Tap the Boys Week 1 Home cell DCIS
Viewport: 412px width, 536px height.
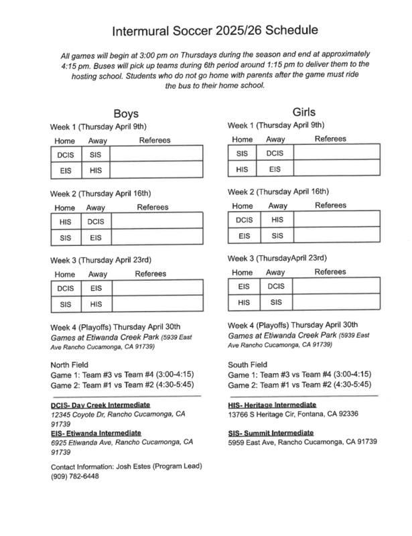[65, 155]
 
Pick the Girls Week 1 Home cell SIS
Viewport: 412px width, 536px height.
[243, 153]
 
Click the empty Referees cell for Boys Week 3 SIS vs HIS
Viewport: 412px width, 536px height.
[156, 304]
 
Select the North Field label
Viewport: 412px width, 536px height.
[72, 364]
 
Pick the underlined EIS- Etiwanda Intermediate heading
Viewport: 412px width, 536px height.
[100, 433]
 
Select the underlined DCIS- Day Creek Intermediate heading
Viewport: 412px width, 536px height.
[100, 406]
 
